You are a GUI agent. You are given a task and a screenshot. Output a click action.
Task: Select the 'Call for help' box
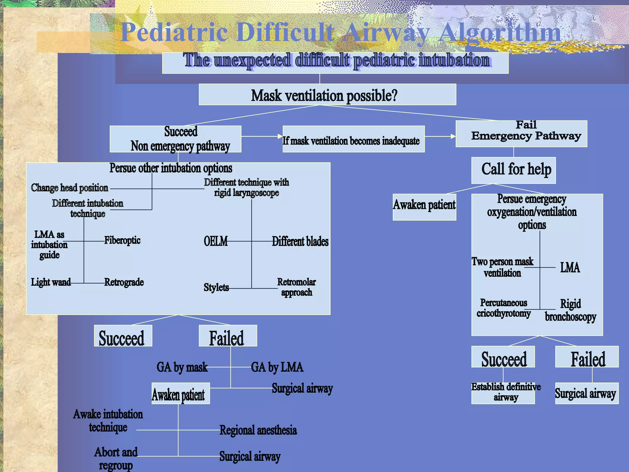click(x=514, y=170)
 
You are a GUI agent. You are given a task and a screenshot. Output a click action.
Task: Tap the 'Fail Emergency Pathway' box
click(x=522, y=134)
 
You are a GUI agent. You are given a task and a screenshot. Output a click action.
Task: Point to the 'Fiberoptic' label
click(x=122, y=240)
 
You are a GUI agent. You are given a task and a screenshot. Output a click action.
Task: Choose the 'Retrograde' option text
click(x=124, y=282)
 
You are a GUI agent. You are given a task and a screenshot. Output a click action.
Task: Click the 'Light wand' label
click(x=51, y=282)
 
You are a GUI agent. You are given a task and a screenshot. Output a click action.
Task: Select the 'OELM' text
click(x=216, y=242)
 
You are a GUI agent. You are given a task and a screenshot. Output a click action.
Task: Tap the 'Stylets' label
click(x=217, y=287)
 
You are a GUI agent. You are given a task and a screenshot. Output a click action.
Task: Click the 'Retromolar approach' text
click(x=296, y=287)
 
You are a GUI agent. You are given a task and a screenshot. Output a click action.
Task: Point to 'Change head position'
click(x=70, y=188)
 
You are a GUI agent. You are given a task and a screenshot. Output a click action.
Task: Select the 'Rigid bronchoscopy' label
click(x=571, y=310)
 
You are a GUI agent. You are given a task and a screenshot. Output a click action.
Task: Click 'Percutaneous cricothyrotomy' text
click(x=504, y=308)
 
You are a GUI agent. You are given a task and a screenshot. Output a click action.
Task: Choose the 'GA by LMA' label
click(x=277, y=367)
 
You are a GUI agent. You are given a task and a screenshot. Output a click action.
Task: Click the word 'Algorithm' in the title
click(x=500, y=33)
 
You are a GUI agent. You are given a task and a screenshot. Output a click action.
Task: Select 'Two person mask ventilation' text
click(x=502, y=267)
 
